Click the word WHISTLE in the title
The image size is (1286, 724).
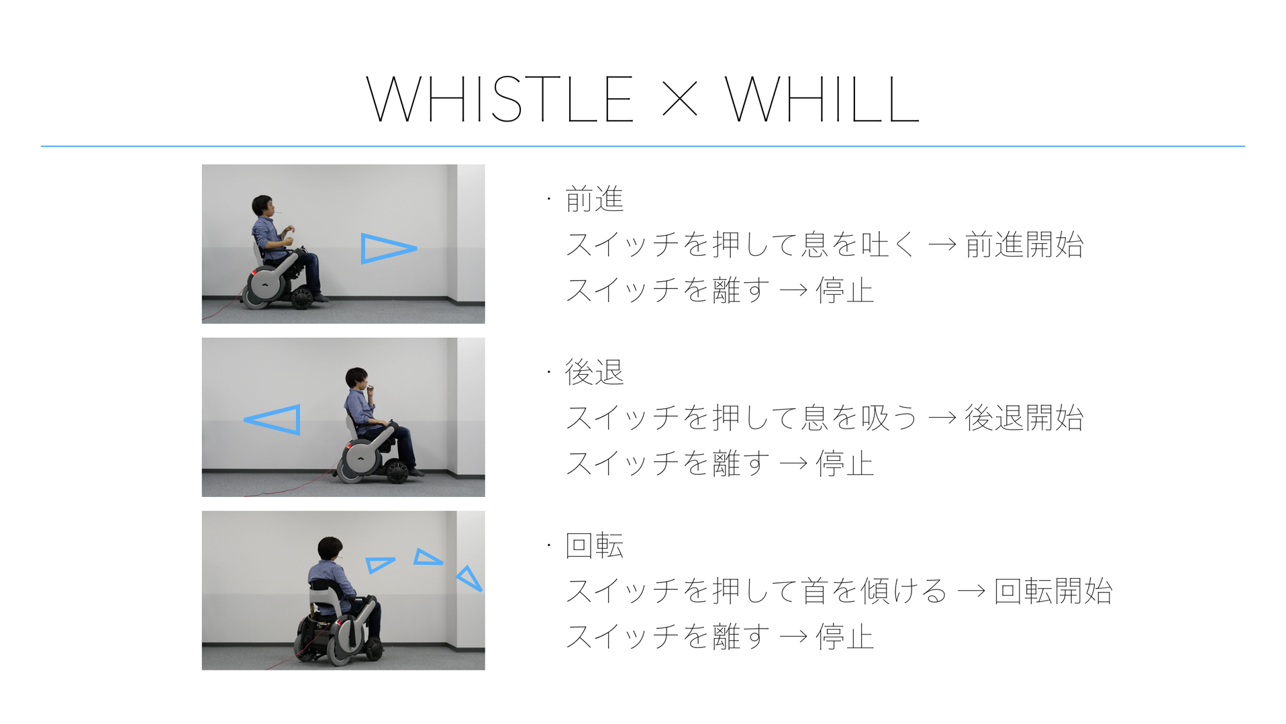click(x=499, y=99)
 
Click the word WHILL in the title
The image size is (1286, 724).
click(x=822, y=99)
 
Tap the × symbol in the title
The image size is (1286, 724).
click(x=679, y=100)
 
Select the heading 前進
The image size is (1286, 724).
click(x=595, y=199)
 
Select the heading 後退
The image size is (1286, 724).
click(x=595, y=373)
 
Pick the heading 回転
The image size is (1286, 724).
click(x=595, y=546)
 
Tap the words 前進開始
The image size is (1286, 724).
click(x=1024, y=244)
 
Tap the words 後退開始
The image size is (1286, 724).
click(x=1024, y=418)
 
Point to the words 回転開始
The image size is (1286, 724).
click(x=1053, y=591)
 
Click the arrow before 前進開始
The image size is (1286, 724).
click(x=942, y=245)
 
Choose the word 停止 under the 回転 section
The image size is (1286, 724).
click(x=844, y=637)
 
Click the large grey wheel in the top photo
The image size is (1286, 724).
click(x=266, y=286)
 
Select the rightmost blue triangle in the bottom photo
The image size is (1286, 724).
click(x=470, y=578)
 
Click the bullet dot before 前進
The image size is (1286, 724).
click(x=548, y=199)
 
